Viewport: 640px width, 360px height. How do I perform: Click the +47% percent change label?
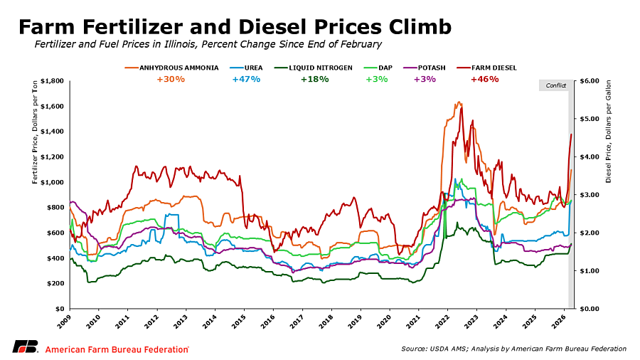(246, 79)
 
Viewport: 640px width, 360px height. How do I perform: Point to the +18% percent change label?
(314, 79)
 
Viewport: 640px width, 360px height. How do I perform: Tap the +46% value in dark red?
(484, 79)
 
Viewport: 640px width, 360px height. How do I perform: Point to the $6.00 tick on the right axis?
(591, 81)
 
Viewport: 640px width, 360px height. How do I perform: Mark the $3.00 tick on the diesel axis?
(591, 195)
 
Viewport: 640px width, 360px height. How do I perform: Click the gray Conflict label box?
(555, 85)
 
